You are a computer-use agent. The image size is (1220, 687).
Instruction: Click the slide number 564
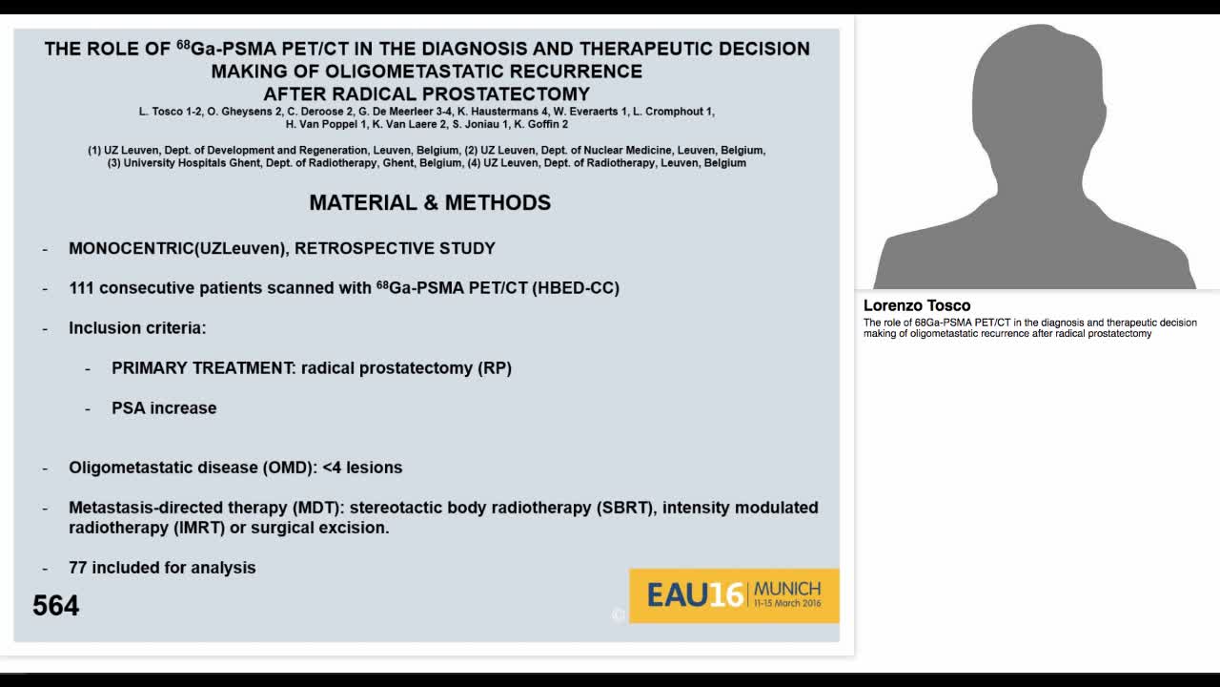[x=55, y=606]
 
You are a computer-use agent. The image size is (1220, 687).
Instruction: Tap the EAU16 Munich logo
[x=734, y=595]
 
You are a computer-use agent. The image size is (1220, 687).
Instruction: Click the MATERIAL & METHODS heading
[x=430, y=202]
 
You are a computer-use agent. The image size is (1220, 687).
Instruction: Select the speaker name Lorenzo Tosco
[x=916, y=305]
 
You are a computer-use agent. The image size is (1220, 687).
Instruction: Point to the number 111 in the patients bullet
[x=81, y=288]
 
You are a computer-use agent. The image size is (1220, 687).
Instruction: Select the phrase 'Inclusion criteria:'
[x=137, y=328]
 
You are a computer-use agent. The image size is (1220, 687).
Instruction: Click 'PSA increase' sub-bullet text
[x=164, y=408]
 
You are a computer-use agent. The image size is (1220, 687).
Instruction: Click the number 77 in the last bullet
[x=78, y=568]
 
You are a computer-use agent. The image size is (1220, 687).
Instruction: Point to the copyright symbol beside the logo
[x=618, y=615]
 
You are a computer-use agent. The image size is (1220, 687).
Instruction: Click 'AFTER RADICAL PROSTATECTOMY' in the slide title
[x=426, y=94]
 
